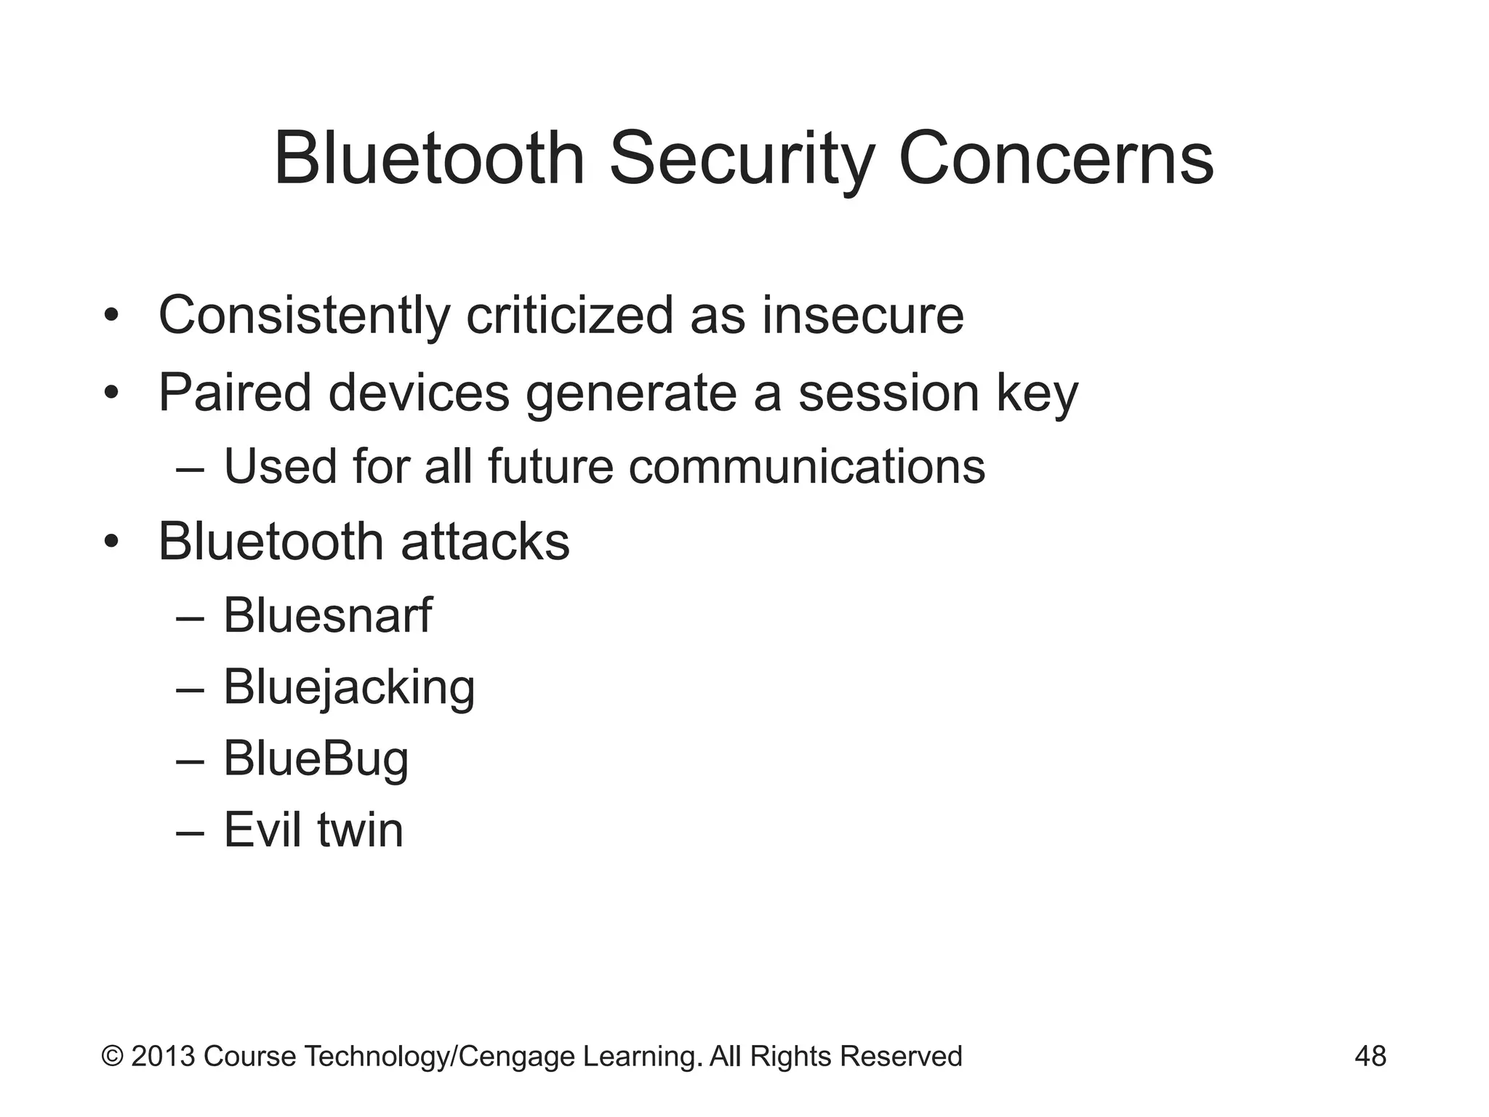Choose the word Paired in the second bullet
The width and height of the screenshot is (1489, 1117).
tap(235, 393)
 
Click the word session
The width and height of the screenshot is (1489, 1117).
tap(888, 393)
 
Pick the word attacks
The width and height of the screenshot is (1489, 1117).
tap(485, 542)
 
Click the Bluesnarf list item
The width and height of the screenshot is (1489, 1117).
tap(327, 615)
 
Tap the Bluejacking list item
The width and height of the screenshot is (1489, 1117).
tap(348, 688)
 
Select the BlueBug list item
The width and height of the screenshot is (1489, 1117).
tap(316, 760)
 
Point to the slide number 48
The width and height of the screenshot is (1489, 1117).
tap(1370, 1056)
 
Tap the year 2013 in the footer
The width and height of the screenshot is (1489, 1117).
tap(163, 1056)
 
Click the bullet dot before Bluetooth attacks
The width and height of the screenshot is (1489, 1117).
tap(111, 542)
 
